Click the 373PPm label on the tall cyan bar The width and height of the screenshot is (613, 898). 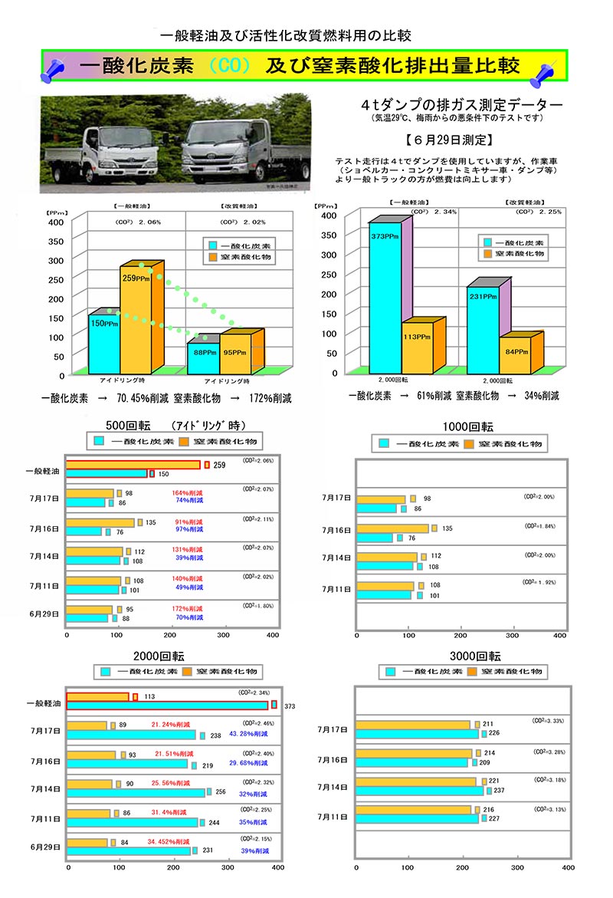(384, 237)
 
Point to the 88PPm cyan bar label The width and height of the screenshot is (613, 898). (202, 353)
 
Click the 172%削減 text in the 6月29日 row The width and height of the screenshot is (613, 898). (188, 609)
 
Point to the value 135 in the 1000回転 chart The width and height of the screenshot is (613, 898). (447, 528)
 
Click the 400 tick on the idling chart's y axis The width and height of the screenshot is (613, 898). (56, 222)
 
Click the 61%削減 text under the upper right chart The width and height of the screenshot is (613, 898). (434, 396)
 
